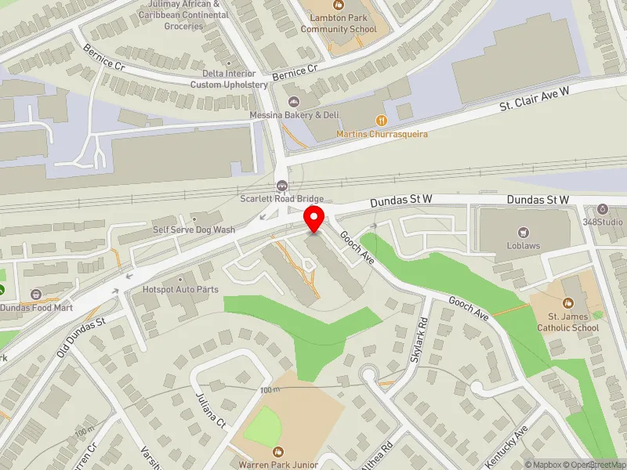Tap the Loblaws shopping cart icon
point(524,233)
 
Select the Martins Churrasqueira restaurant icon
point(382,120)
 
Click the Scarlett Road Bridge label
point(282,199)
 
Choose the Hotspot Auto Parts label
point(180,290)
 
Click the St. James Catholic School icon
point(567,303)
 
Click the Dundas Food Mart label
point(41,308)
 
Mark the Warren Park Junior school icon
point(277,452)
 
